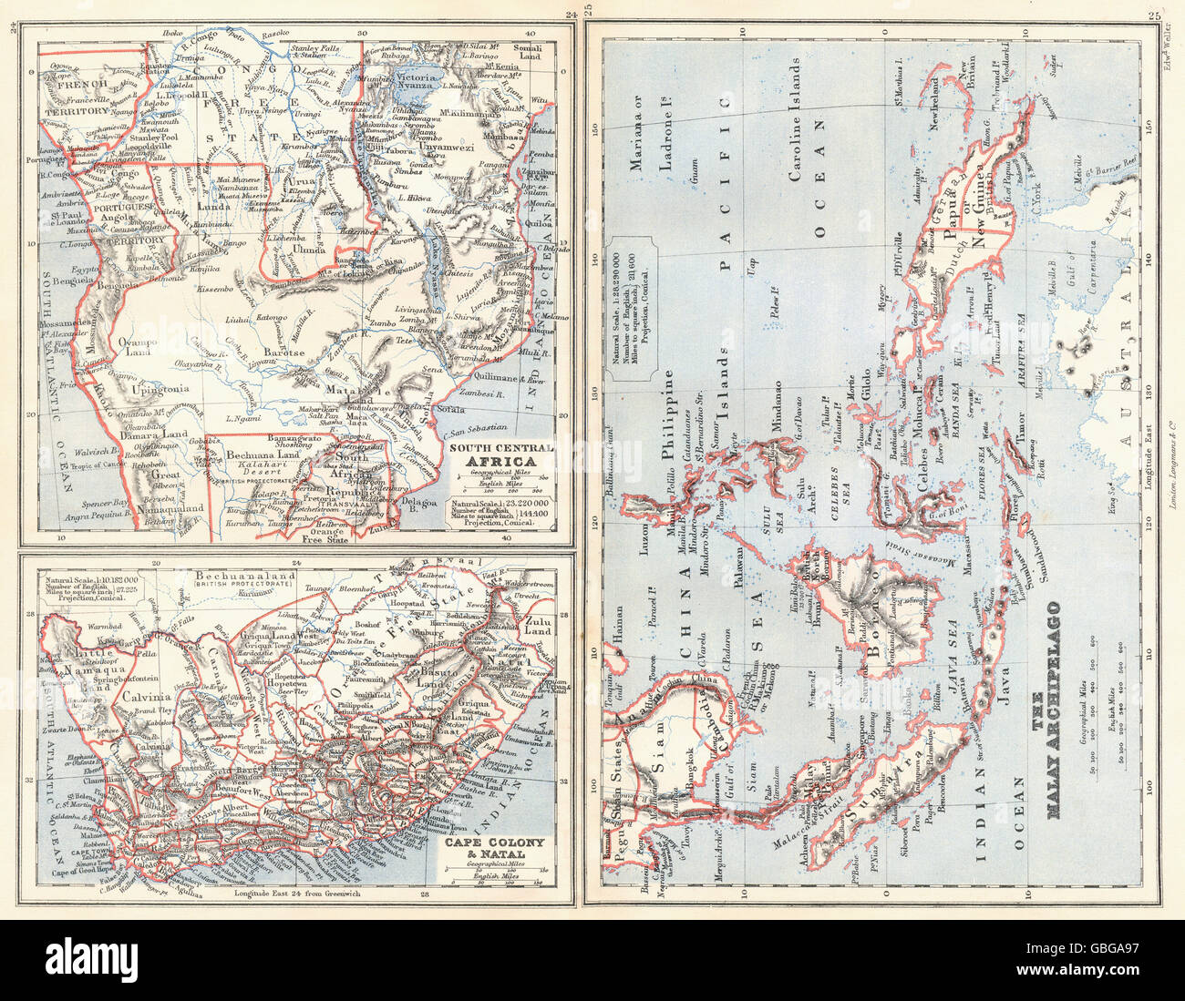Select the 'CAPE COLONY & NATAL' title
click(492, 848)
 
